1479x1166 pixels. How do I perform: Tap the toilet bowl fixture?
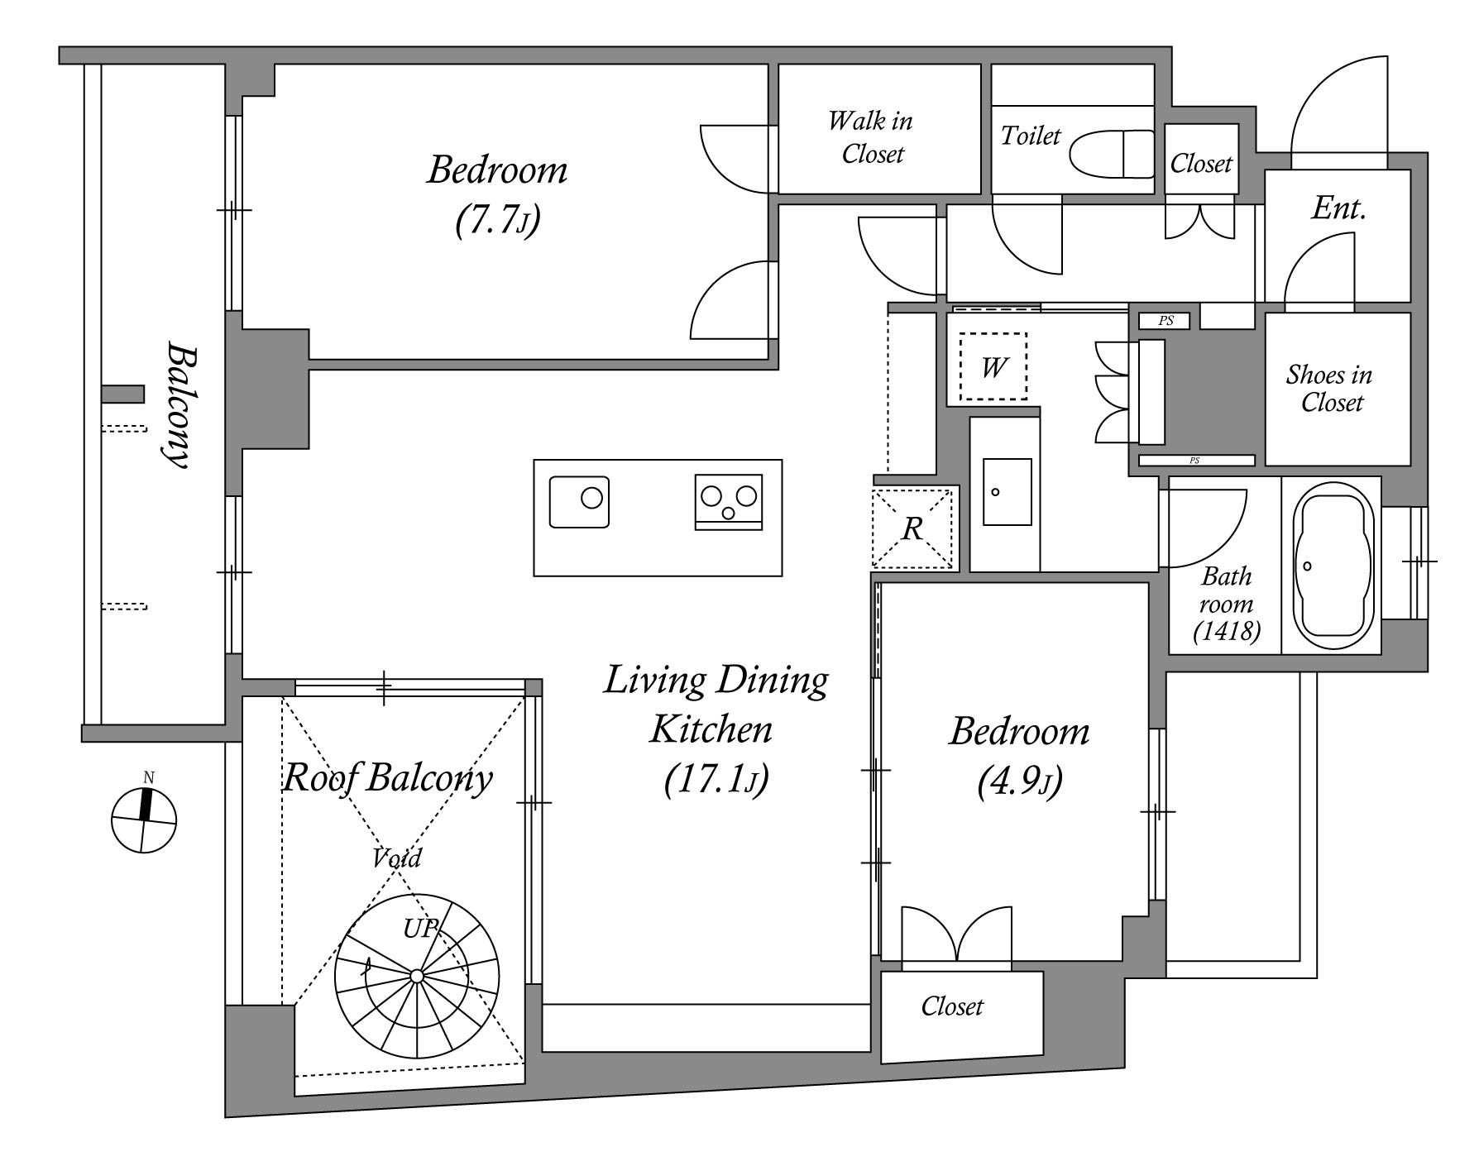pos(1111,154)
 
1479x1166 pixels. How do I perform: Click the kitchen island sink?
pos(580,502)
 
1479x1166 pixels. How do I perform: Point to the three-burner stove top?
pos(728,502)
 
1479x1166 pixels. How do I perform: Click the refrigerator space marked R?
pos(912,528)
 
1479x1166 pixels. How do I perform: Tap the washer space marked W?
pos(993,366)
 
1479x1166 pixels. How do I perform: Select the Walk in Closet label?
pos(872,137)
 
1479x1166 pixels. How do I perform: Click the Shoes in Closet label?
pos(1329,389)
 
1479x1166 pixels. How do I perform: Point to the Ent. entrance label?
pos(1338,208)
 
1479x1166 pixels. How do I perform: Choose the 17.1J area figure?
pos(716,780)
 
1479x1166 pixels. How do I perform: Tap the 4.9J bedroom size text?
pos(1019,781)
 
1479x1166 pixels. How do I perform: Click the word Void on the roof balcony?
pos(397,858)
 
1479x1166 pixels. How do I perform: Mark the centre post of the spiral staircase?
pos(417,977)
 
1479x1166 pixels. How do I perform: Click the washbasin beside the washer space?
pos(1007,491)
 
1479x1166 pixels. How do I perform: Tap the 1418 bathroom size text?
pos(1227,632)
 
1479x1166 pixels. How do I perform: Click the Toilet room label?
pos(1030,136)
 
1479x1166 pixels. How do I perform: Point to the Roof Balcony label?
pos(387,778)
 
